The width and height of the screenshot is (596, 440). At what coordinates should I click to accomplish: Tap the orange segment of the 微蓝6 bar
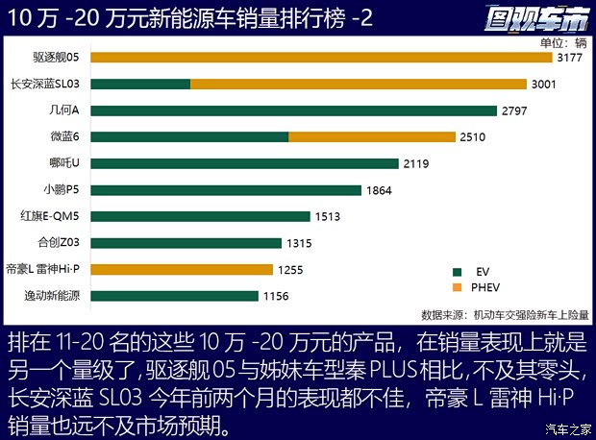click(372, 137)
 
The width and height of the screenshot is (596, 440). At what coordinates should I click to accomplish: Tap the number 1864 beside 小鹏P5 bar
click(379, 190)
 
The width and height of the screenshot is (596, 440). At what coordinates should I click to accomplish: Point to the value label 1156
click(276, 297)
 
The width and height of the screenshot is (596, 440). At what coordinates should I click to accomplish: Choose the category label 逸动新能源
click(58, 296)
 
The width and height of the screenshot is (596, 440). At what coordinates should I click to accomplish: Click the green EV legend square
click(458, 272)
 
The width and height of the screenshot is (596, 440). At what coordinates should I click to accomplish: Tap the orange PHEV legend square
click(458, 287)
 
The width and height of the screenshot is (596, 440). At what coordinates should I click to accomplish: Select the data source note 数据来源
click(505, 314)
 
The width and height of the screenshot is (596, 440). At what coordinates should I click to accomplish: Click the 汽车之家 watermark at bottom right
click(566, 428)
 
